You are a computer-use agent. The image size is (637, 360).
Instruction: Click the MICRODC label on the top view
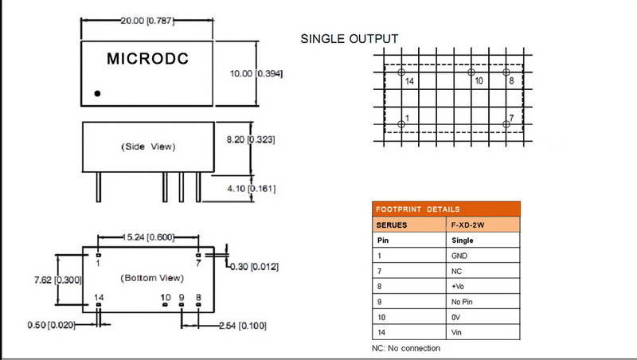click(x=147, y=59)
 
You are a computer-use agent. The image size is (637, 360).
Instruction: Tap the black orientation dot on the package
click(x=98, y=93)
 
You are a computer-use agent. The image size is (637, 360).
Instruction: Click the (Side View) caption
click(x=147, y=147)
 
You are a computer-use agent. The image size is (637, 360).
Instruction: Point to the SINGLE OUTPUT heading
click(x=350, y=38)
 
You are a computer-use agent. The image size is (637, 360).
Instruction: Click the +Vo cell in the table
click(x=459, y=286)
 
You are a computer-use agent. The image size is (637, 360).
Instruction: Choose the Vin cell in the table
click(x=457, y=332)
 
